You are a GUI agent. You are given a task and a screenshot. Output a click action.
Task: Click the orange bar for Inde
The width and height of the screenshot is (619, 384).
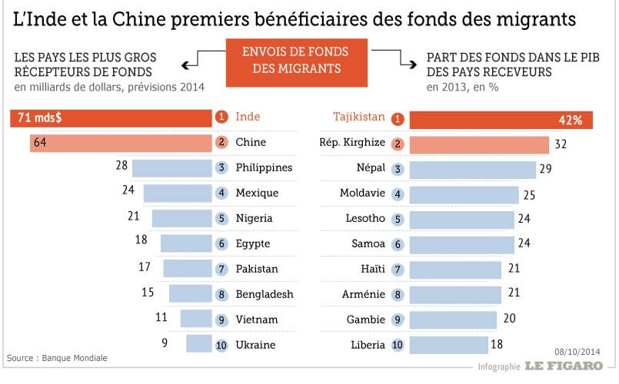(111, 118)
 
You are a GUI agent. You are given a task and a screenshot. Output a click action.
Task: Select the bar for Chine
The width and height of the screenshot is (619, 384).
(121, 142)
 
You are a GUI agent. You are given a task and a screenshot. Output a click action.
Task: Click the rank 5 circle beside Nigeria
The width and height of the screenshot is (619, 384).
(221, 218)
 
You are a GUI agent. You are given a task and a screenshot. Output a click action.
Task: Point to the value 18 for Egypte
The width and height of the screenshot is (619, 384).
(141, 240)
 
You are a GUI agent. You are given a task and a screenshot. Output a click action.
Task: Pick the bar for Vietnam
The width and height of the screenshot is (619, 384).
(196, 319)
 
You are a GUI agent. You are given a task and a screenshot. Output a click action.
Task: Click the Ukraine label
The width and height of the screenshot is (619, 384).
(255, 345)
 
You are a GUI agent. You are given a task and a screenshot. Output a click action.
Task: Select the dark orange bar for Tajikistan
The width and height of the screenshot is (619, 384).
(501, 119)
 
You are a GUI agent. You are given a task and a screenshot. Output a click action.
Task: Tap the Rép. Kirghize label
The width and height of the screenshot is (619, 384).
(351, 142)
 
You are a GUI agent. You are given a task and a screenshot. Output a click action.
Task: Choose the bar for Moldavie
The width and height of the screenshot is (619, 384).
(464, 194)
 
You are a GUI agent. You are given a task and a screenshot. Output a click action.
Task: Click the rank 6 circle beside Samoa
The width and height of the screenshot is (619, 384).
(398, 243)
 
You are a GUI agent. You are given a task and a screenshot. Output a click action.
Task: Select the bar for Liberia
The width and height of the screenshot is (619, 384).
(448, 345)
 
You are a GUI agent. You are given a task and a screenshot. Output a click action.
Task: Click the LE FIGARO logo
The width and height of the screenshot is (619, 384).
(564, 366)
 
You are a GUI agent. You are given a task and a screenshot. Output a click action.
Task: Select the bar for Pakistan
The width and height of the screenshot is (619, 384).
(188, 269)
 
